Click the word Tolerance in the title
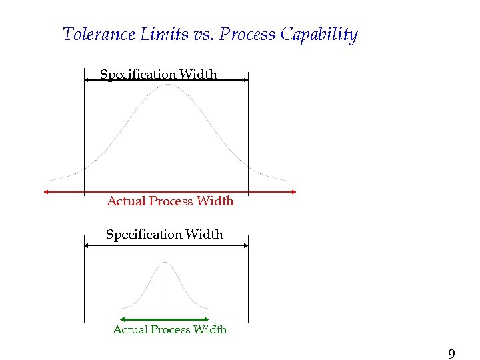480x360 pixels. pos(99,34)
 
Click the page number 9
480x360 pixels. pos(451,354)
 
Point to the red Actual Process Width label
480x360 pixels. pos(170,201)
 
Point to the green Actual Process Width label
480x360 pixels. pos(169,329)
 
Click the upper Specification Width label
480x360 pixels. pos(158,75)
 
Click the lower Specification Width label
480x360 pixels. pos(164,235)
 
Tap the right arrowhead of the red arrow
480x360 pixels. pos(294,192)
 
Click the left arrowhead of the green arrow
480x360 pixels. pos(122,319)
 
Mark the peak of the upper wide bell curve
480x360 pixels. pos(169,85)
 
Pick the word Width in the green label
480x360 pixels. pos(210,329)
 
